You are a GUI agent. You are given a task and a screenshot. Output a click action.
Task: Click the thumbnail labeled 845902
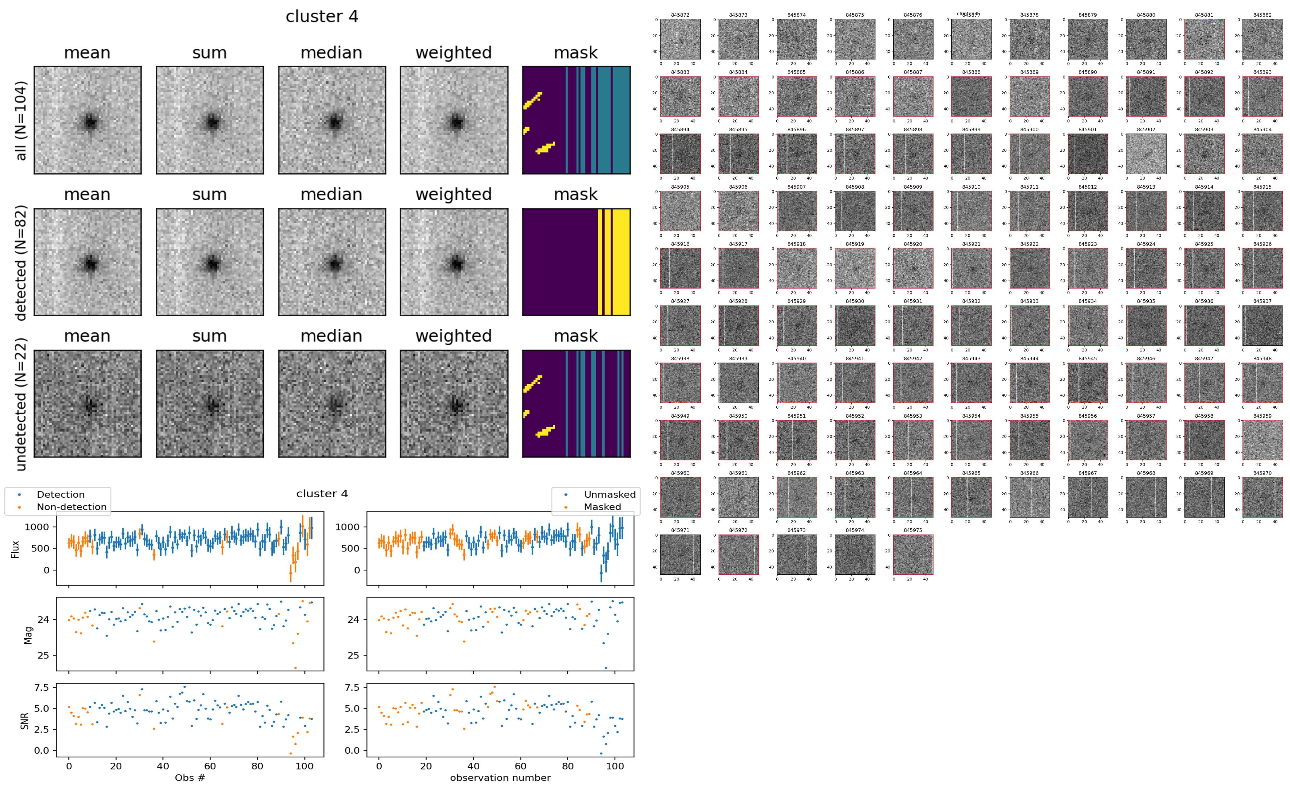coord(1146,153)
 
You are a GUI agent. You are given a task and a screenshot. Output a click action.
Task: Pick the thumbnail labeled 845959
coord(1262,440)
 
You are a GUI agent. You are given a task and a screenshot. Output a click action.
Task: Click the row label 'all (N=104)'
coord(21,120)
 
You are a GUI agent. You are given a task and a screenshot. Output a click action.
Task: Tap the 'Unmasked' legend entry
coord(609,494)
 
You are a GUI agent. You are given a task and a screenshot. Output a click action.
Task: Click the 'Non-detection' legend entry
coord(71,506)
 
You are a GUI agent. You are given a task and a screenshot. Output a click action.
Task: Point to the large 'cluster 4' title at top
coord(322,17)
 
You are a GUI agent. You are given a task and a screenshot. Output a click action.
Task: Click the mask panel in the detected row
coord(576,262)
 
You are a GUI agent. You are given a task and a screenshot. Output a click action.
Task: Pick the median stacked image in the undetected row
coord(332,404)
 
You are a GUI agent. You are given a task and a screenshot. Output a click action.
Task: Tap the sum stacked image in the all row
coord(210,120)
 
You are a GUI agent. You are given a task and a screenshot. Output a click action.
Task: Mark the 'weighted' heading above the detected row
coord(454,194)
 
